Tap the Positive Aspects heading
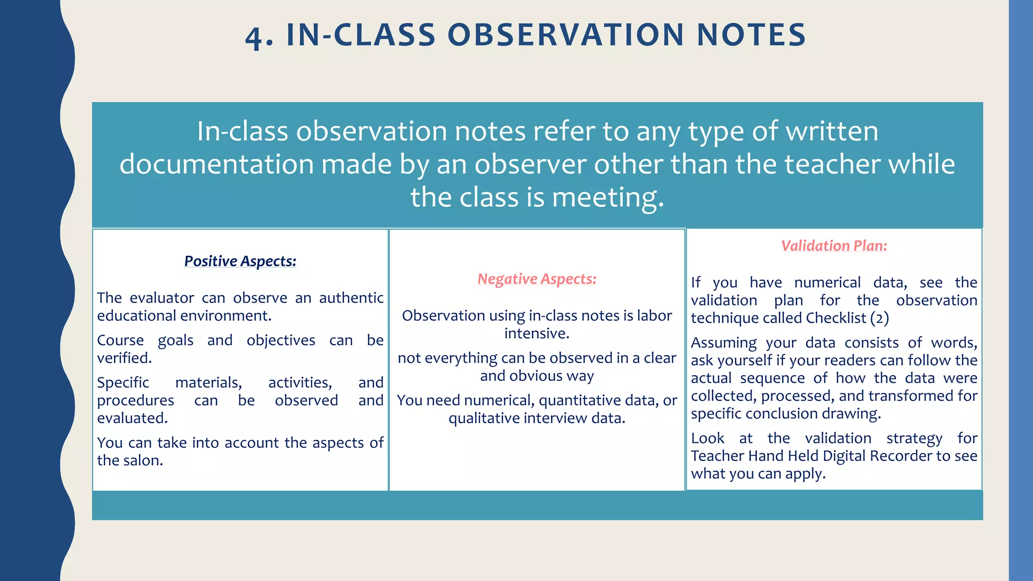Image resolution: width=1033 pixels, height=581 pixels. point(240,261)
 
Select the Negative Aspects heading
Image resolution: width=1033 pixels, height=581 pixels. point(537,279)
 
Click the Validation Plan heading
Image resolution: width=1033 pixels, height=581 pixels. point(834,246)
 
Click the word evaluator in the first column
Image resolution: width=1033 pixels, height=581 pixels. point(161,298)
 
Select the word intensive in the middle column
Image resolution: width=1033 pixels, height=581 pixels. point(537,333)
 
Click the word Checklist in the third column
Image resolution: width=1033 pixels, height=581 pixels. point(836,318)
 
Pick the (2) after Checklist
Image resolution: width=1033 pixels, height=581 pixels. point(880,318)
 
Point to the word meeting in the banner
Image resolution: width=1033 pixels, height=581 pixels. point(608,197)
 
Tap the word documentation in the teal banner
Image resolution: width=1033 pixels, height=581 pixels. point(216,164)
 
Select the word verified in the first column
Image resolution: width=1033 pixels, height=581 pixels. point(124,358)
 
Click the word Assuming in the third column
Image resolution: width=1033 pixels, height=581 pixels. point(723,343)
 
